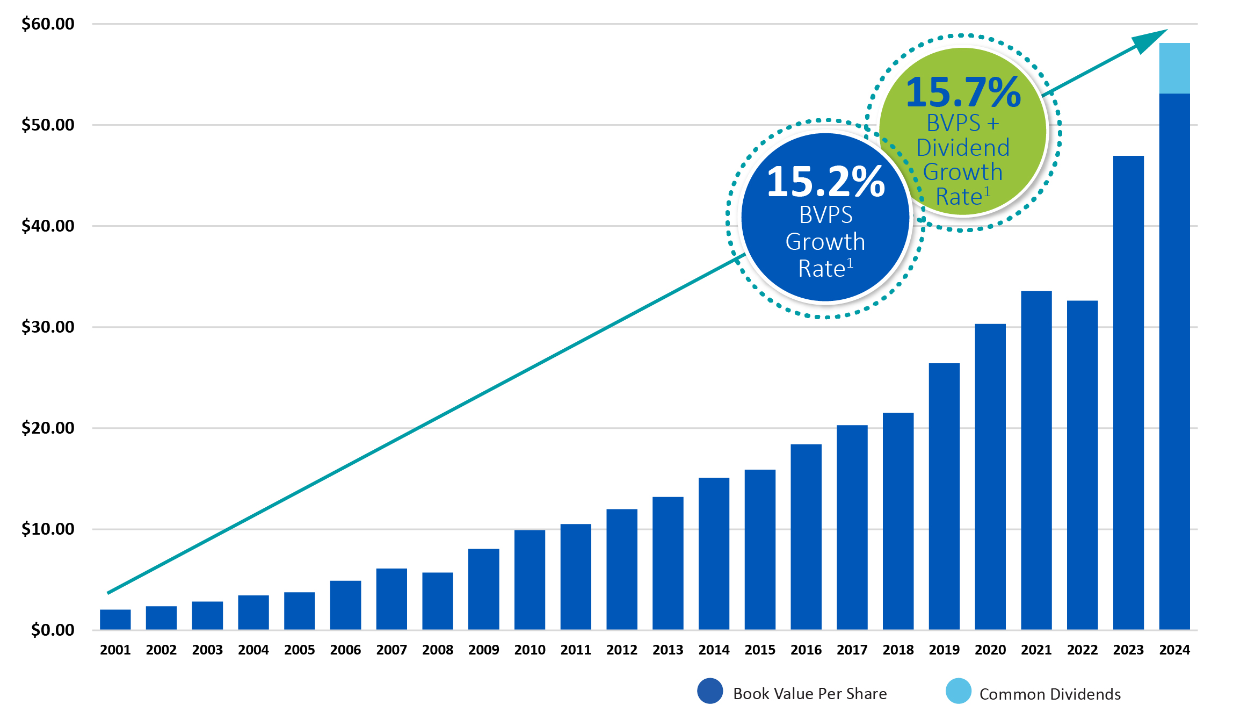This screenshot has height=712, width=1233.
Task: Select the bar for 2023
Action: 1128,392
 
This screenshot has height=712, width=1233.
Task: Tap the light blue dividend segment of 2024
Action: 1174,68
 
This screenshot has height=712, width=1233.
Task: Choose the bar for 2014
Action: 714,553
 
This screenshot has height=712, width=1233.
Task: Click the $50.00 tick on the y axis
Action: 48,125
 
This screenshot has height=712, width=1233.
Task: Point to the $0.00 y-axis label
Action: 53,630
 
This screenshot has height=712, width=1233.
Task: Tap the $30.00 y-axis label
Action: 48,327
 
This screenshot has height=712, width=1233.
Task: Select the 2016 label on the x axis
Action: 806,650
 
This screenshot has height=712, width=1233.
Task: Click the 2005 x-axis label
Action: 299,650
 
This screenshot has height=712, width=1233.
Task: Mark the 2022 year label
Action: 1082,650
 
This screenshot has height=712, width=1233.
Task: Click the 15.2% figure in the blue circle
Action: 825,182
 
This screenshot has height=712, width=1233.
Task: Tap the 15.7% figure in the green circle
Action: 963,92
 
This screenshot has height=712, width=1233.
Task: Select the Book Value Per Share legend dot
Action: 710,692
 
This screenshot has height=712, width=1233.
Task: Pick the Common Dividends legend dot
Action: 958,692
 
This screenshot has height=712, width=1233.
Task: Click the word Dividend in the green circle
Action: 963,148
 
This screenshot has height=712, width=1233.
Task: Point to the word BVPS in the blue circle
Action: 825,215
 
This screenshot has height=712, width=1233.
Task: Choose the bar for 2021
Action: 1036,460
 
